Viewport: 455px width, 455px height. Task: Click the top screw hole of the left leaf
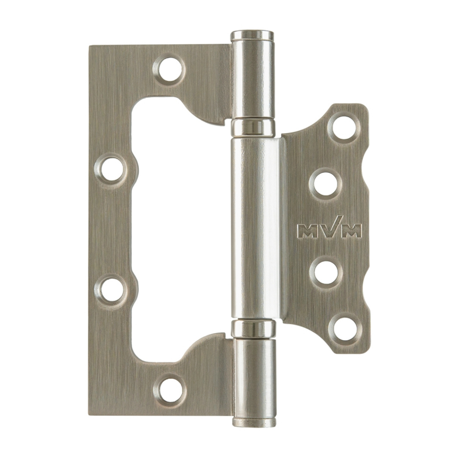(x=169, y=69)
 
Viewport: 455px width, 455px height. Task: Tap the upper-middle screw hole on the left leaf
(x=111, y=169)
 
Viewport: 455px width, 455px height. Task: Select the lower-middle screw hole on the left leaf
(x=111, y=289)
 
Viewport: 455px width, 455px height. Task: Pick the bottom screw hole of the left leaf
(x=169, y=390)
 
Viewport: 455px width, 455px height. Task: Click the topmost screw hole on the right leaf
(x=344, y=127)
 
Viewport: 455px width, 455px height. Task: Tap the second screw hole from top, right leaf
(x=325, y=184)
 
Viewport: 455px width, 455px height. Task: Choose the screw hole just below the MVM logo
(x=326, y=272)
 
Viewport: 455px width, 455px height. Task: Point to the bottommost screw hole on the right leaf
(x=345, y=329)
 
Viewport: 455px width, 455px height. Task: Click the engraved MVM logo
(x=330, y=228)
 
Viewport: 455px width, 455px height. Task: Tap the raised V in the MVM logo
(x=330, y=226)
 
